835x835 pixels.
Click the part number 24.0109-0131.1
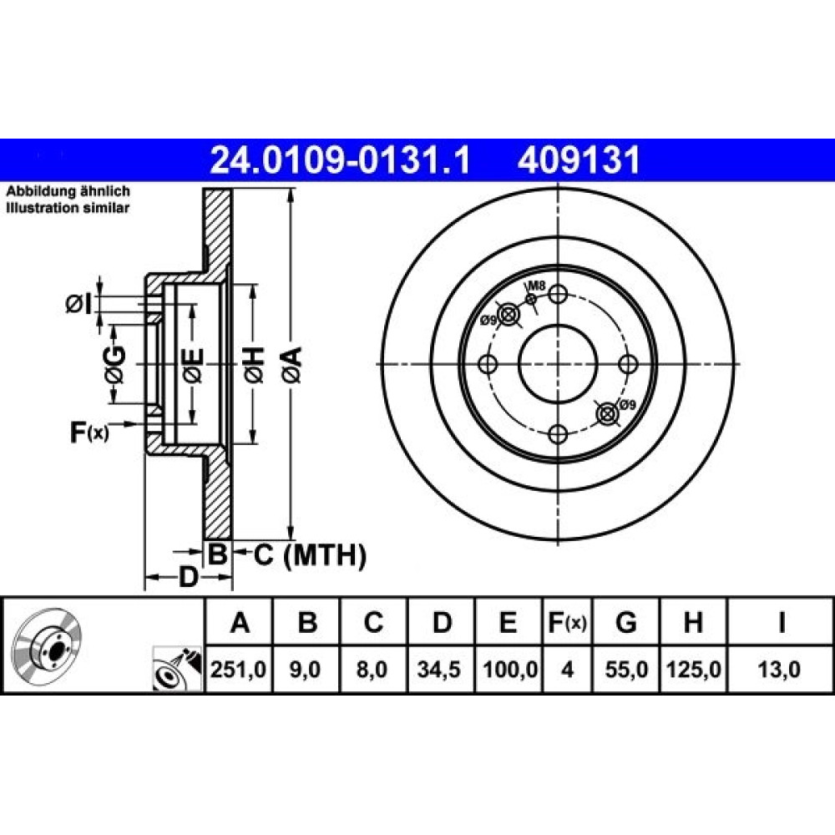point(341,160)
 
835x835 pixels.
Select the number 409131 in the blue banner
point(579,160)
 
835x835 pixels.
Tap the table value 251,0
point(238,670)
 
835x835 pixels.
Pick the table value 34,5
point(439,670)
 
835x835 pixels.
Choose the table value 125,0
point(693,670)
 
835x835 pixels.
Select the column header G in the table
point(625,622)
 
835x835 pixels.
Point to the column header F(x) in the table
point(567,623)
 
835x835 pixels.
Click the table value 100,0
point(509,670)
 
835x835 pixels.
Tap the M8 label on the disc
point(538,286)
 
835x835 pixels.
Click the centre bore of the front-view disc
point(558,364)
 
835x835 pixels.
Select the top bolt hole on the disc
point(558,294)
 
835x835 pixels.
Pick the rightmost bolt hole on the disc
point(628,364)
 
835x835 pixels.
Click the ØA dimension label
point(292,364)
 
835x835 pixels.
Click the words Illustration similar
point(68,208)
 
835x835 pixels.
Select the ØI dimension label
point(79,305)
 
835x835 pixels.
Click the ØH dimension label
point(254,364)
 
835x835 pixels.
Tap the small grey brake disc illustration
point(47,638)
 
